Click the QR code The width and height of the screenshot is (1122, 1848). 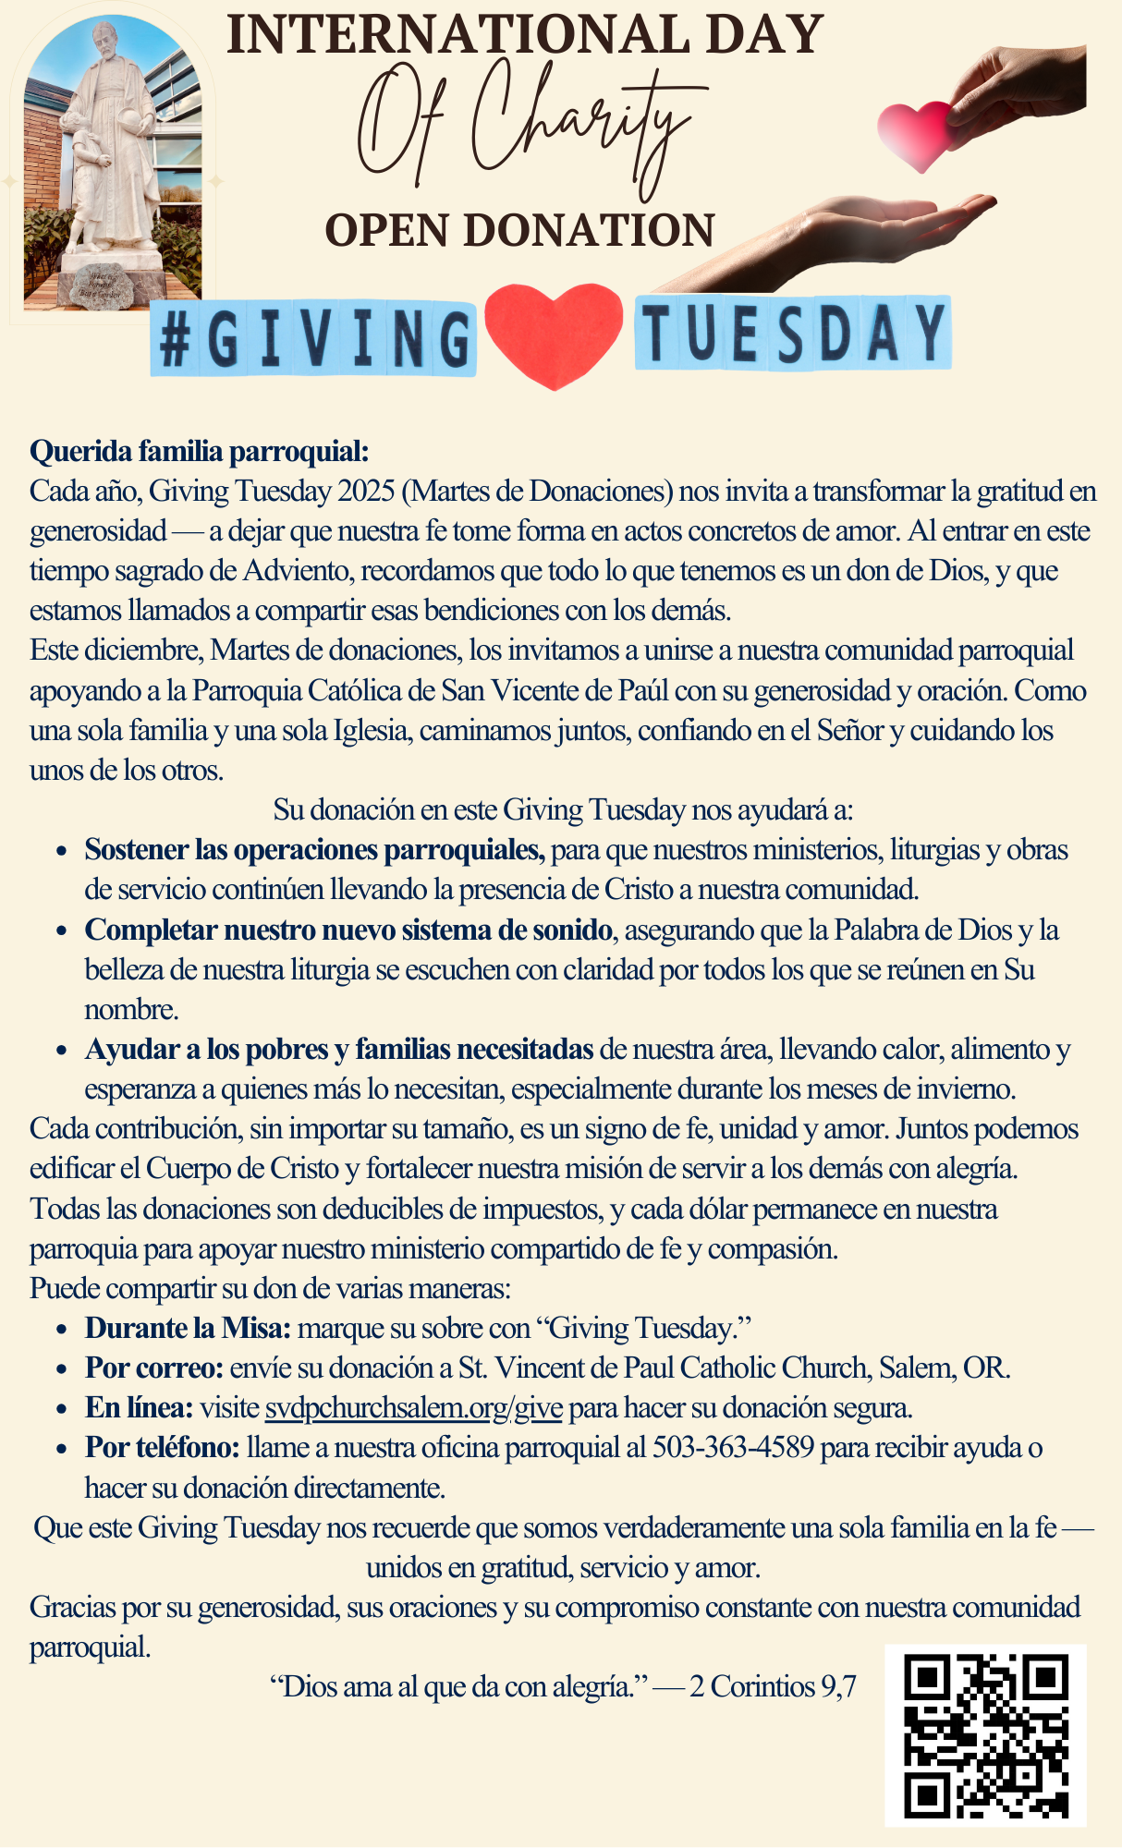985,1734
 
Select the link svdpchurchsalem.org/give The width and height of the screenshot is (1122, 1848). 413,1407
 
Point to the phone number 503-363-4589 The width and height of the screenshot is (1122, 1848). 733,1447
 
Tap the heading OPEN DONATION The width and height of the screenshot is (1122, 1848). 519,230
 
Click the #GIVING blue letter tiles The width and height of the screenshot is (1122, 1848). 314,338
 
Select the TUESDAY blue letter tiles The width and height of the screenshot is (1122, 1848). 792,333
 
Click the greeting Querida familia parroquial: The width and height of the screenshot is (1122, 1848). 200,451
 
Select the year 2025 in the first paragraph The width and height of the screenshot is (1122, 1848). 366,491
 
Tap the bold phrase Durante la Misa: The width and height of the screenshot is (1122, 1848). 188,1328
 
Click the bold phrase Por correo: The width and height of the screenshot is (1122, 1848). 154,1368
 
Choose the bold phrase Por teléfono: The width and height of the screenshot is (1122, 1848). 163,1447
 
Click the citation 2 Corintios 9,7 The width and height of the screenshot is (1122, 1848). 773,1686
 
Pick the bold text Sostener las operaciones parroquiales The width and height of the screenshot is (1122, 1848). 314,849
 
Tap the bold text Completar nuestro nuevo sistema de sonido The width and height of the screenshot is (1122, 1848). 348,930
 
